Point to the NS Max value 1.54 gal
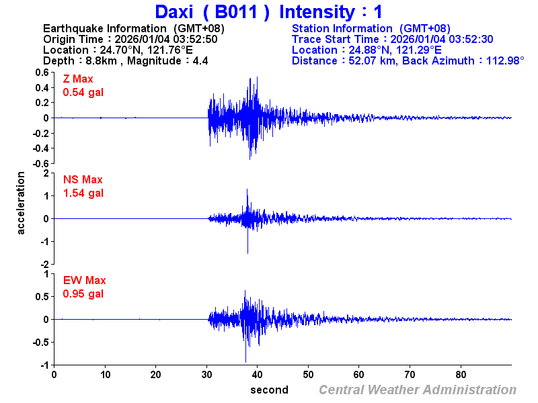(x=83, y=193)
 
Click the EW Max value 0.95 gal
(x=83, y=294)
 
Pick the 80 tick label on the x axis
(x=461, y=374)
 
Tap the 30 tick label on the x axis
(x=206, y=374)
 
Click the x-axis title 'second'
(x=269, y=390)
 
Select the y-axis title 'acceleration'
(x=22, y=203)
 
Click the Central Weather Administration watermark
(x=418, y=390)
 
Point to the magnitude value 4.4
(x=200, y=60)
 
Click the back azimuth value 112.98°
(x=497, y=60)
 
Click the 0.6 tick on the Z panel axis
(x=42, y=72)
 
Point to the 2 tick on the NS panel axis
(x=46, y=173)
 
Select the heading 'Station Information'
(x=343, y=28)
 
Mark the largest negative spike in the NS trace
(x=247, y=253)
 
